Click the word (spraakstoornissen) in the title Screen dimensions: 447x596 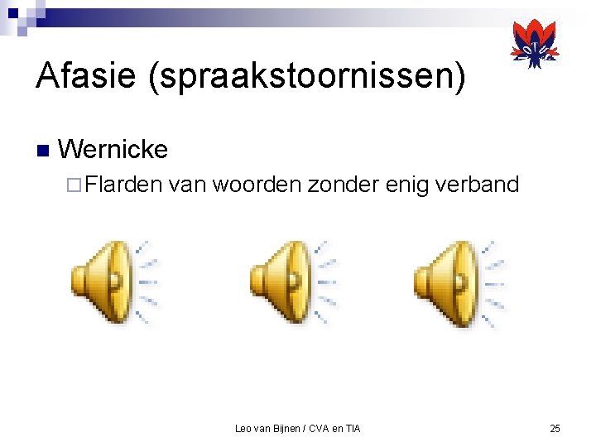[x=305, y=78]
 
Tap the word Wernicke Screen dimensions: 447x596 [x=113, y=150]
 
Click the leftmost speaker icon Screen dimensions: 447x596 [x=112, y=281]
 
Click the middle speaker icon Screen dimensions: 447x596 [x=291, y=281]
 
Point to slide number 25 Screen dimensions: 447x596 [x=555, y=428]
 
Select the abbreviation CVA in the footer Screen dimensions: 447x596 [x=320, y=428]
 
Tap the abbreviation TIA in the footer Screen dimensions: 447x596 [x=352, y=428]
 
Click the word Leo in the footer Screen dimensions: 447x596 [x=243, y=428]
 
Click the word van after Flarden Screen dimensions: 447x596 [x=187, y=184]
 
